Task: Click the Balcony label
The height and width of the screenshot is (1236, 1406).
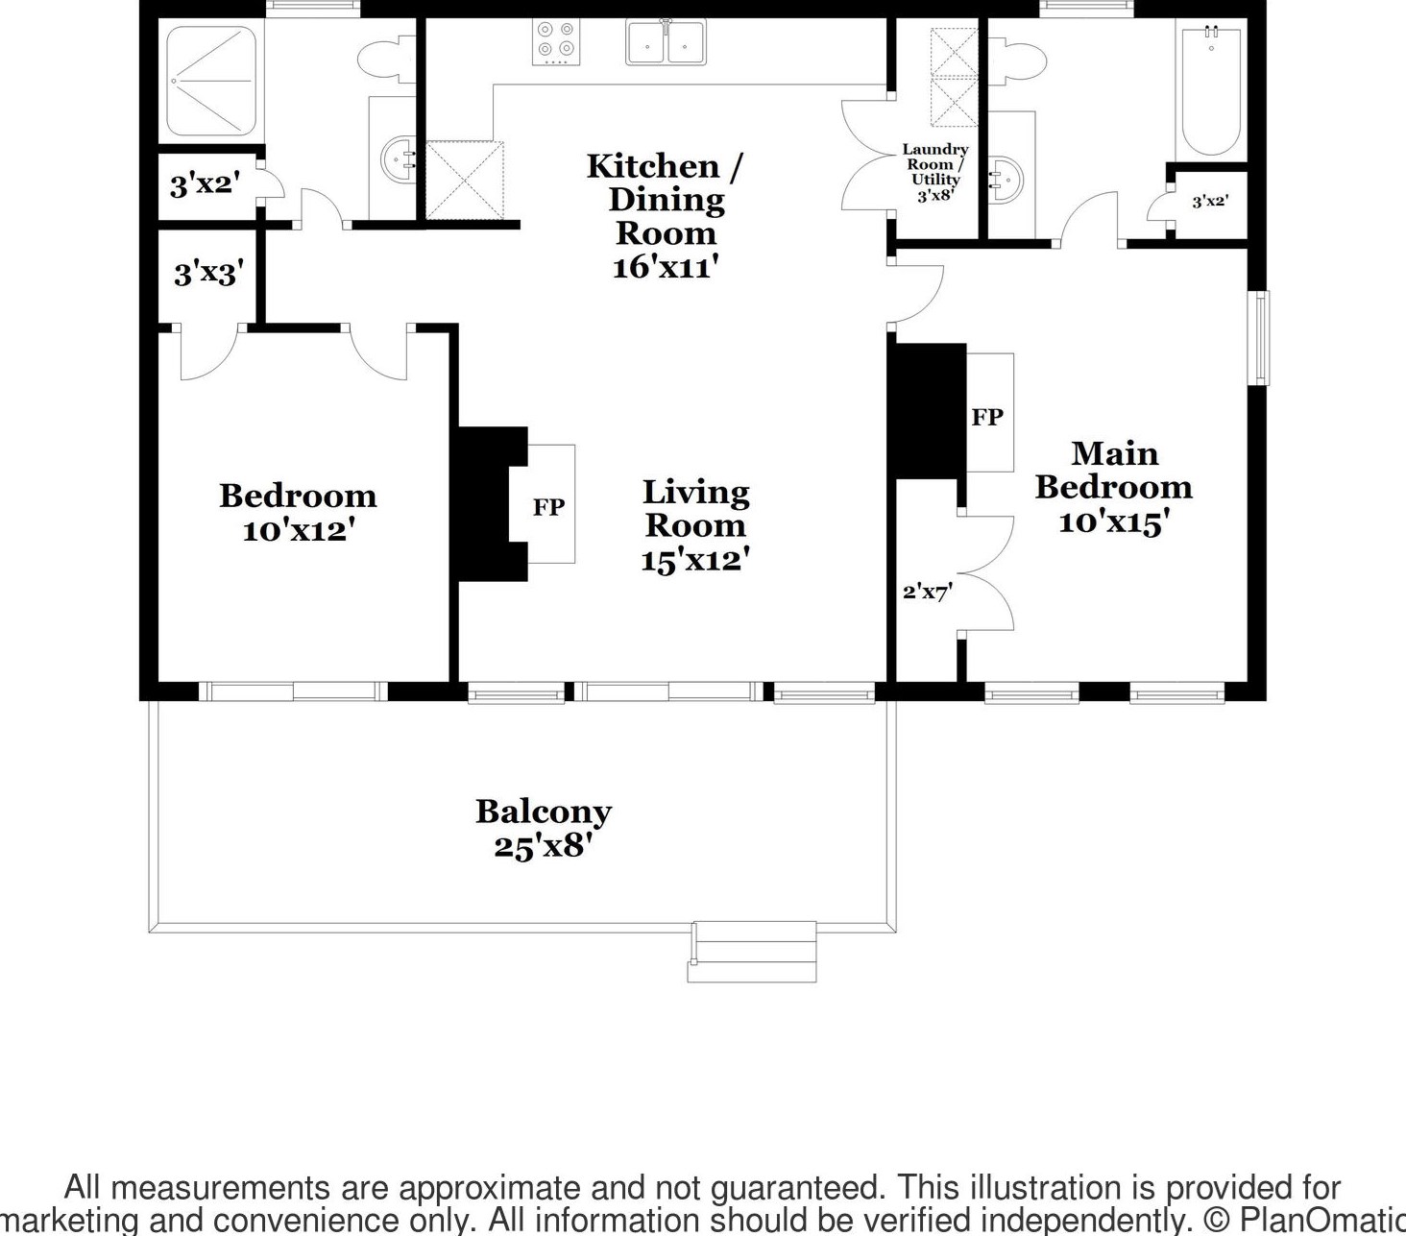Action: coord(544,812)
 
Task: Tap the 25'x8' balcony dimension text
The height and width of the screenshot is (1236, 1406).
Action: coord(544,847)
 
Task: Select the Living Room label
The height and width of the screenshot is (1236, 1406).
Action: coord(695,509)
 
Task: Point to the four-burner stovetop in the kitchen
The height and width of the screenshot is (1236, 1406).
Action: coord(556,41)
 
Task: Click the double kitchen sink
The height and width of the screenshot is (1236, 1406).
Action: coord(666,41)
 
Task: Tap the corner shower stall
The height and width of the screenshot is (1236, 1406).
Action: coord(211,82)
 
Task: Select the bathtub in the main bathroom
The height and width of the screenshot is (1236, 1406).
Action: coord(1211,90)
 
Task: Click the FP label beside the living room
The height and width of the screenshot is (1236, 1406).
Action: coord(549,507)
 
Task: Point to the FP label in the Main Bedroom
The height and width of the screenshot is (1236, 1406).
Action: coord(987,417)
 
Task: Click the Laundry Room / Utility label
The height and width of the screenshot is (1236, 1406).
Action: coord(934,164)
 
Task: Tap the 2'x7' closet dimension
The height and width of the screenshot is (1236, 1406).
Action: coord(928,592)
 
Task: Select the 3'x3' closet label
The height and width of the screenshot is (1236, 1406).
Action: coord(208,274)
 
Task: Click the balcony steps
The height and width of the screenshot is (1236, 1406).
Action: coord(752,952)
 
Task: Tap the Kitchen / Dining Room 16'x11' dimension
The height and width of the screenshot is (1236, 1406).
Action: coord(665,266)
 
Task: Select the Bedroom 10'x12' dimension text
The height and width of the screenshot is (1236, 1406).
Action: coord(299,531)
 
